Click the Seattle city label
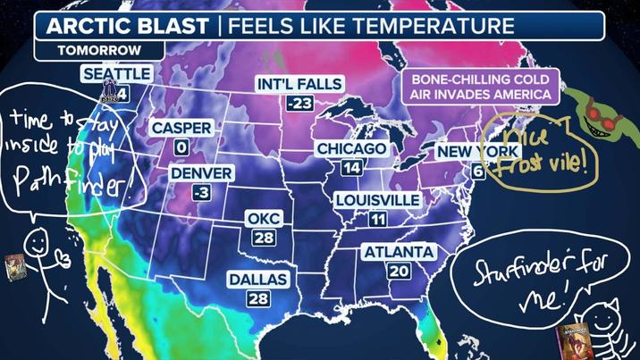click(117, 73)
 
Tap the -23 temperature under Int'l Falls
click(298, 105)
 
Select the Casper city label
click(181, 128)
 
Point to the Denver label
click(202, 172)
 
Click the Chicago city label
click(351, 148)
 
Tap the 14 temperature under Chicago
click(351, 168)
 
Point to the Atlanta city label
click(400, 252)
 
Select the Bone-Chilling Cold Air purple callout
click(481, 85)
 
